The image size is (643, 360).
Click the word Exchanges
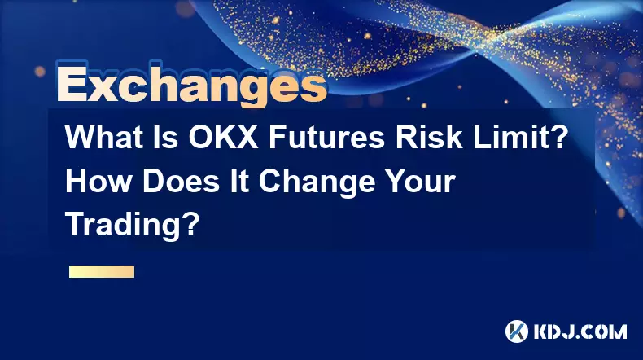(191, 85)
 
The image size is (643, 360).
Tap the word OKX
(224, 137)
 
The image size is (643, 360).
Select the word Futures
(327, 137)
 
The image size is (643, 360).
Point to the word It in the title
(239, 181)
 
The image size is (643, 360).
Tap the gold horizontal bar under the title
(102, 271)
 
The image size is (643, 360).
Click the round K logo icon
(517, 331)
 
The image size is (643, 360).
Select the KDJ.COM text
(580, 331)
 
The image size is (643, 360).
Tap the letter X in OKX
(246, 137)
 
